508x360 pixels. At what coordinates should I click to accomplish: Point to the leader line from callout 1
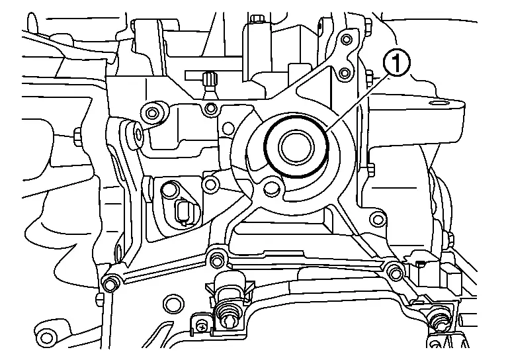360,99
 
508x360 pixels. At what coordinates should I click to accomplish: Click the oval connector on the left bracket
183,212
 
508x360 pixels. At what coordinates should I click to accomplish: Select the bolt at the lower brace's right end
395,270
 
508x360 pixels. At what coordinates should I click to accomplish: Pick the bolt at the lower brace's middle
213,257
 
